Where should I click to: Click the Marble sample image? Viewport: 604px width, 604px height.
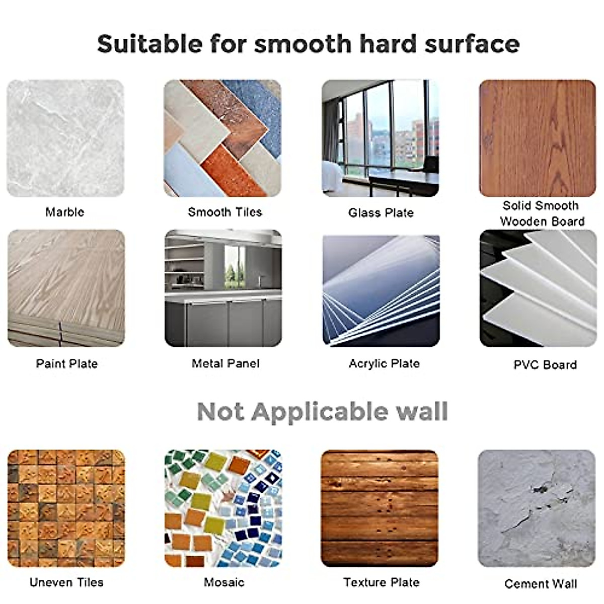[x=65, y=138]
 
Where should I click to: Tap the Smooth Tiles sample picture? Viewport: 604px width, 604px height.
[x=222, y=138]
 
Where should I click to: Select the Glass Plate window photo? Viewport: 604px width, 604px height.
[x=380, y=138]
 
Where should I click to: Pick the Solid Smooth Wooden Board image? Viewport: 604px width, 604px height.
[x=537, y=138]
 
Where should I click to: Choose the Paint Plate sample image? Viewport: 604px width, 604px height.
[x=66, y=288]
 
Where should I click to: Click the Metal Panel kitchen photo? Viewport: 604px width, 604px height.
[x=223, y=288]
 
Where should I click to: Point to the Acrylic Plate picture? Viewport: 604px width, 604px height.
[x=381, y=291]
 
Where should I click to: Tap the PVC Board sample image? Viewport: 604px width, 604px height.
[x=538, y=288]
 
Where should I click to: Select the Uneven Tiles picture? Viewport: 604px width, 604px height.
[x=66, y=508]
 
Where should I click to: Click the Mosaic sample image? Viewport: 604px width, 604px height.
[x=223, y=508]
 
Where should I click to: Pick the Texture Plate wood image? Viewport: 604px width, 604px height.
[x=380, y=508]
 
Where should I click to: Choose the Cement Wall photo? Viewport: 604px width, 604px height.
[x=537, y=508]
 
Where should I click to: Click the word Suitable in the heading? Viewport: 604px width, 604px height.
[x=150, y=44]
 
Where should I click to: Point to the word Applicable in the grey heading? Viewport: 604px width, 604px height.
[x=319, y=413]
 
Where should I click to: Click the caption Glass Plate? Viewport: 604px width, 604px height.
[x=381, y=213]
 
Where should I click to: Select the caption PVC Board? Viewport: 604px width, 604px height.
[x=545, y=364]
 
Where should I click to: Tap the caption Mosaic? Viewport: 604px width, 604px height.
[x=224, y=582]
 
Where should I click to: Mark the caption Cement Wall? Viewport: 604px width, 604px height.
[x=541, y=584]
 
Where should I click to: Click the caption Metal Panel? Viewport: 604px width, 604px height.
[x=225, y=363]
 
